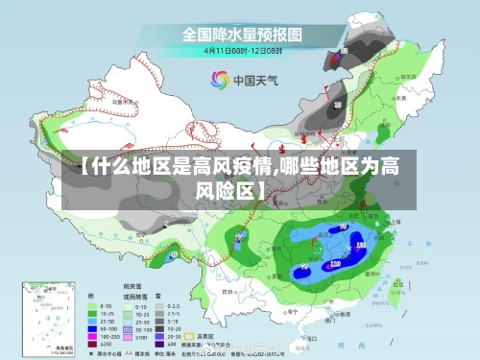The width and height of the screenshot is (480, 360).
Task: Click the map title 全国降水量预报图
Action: click(242, 34)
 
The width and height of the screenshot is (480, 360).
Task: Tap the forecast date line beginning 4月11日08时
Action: click(242, 49)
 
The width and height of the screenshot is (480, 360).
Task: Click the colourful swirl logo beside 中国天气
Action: click(220, 80)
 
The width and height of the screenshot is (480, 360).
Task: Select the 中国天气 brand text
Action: click(255, 81)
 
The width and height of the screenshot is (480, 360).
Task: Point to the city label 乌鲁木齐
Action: click(121, 100)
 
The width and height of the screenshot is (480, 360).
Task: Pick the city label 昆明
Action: click(228, 290)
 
